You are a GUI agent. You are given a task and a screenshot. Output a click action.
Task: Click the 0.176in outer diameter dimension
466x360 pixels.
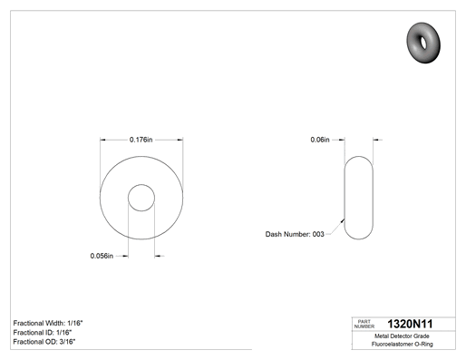click(141, 140)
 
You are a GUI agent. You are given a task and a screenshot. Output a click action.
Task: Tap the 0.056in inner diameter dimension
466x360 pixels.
click(102, 256)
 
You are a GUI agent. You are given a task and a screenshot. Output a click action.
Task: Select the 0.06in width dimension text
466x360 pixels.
click(320, 140)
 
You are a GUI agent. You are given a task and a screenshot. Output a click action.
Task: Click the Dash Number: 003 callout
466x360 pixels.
click(295, 234)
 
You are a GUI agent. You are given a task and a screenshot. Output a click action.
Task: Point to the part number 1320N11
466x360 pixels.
click(410, 324)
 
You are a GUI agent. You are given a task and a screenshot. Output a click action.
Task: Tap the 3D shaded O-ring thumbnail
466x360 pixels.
click(423, 43)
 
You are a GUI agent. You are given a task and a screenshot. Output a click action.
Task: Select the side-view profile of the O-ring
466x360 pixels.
click(345, 198)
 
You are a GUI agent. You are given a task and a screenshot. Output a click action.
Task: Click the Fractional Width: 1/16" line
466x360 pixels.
click(48, 323)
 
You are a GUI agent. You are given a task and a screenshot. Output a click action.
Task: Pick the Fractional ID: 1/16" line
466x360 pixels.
click(43, 333)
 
